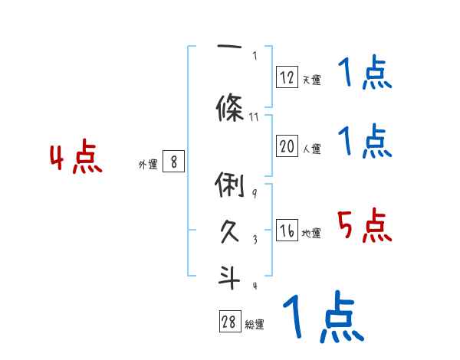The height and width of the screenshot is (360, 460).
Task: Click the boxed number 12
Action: (x=287, y=77)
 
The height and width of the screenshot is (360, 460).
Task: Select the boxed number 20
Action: (x=287, y=147)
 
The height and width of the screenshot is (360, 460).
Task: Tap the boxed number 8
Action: (x=174, y=162)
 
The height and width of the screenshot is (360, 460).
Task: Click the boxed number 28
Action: (x=229, y=322)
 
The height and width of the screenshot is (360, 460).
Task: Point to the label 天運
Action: (x=311, y=80)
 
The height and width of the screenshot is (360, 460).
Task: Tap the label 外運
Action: (x=147, y=165)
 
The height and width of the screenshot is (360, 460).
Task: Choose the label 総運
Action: (x=254, y=325)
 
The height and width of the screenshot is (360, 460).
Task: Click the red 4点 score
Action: (x=76, y=159)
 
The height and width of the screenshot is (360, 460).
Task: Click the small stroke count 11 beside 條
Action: (x=255, y=117)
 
